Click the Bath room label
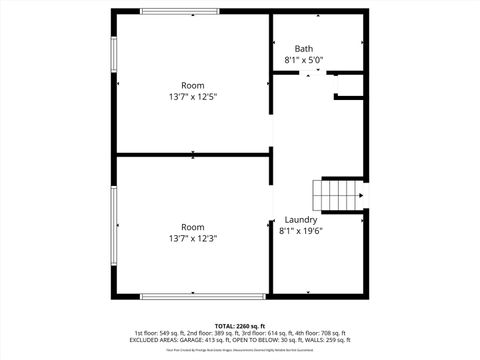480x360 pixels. (304, 48)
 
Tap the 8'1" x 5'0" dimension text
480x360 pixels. (304, 60)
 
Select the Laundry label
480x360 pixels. (301, 219)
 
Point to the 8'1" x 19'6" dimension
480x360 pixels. (301, 231)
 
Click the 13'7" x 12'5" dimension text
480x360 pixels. (193, 97)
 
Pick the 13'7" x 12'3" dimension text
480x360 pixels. (193, 238)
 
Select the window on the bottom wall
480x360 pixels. (203, 296)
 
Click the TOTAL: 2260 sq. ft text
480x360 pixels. (241, 326)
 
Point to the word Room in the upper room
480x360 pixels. (193, 85)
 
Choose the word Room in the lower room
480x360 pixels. (193, 226)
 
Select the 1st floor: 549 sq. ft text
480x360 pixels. (159, 333)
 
